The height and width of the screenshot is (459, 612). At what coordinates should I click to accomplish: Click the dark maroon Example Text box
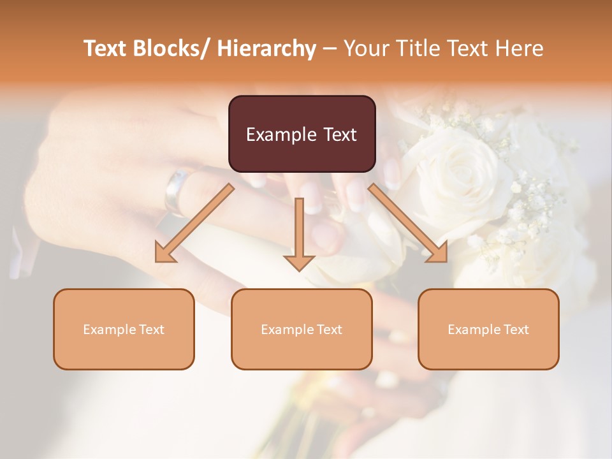point(302,134)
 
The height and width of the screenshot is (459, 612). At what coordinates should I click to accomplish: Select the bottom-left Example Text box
point(124,329)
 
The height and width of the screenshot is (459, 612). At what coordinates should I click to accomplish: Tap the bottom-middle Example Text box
point(302,329)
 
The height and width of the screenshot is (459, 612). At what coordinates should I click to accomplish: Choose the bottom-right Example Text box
point(488,329)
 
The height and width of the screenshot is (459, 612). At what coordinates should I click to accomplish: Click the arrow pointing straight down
point(299,233)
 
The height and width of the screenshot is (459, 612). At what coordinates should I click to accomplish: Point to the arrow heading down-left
point(194,223)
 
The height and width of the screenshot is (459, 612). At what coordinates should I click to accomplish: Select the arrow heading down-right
point(408,223)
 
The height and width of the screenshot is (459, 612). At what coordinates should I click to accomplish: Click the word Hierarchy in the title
point(266,48)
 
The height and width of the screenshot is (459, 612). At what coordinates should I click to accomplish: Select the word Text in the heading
point(469,48)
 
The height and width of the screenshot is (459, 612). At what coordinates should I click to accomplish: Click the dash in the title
point(330,49)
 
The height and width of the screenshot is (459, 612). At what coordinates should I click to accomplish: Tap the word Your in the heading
point(367,48)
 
